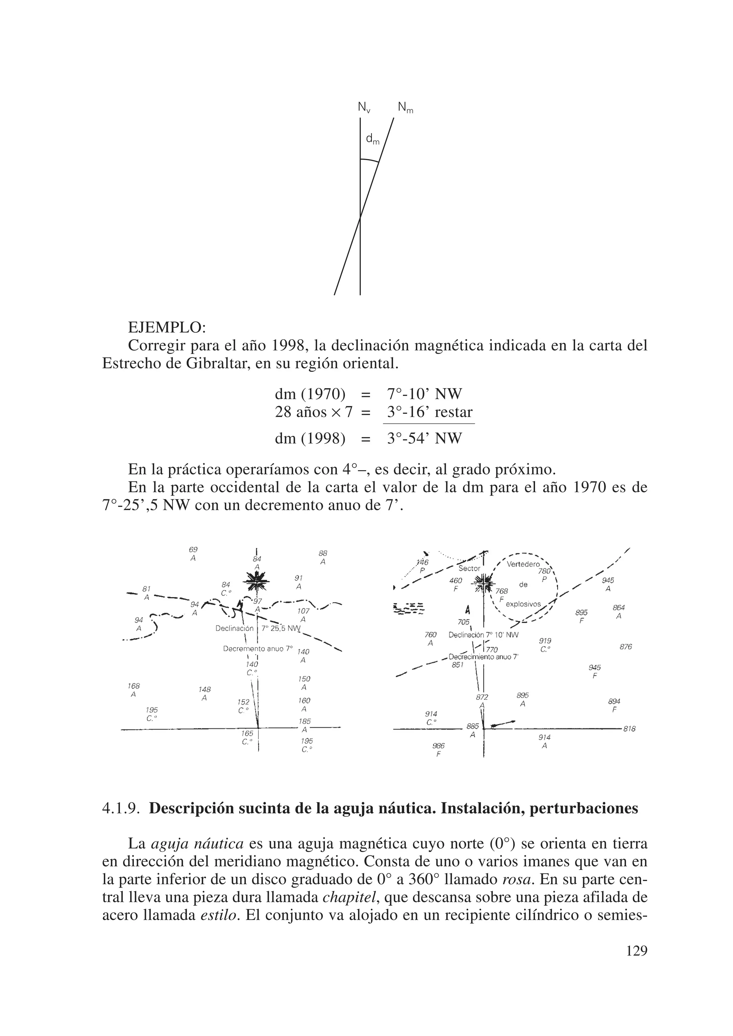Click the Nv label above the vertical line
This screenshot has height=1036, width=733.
363,107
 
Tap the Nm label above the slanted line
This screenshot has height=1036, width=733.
405,107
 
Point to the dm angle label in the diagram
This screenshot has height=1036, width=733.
372,140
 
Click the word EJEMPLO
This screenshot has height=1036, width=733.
167,326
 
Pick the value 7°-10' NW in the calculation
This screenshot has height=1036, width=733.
424,394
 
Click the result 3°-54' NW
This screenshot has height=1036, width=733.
424,438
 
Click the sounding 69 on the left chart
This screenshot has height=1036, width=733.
193,550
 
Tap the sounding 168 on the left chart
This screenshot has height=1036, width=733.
134,686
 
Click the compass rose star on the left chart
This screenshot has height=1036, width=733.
256,581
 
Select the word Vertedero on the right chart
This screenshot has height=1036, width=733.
523,564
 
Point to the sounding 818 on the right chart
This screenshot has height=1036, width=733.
629,728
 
